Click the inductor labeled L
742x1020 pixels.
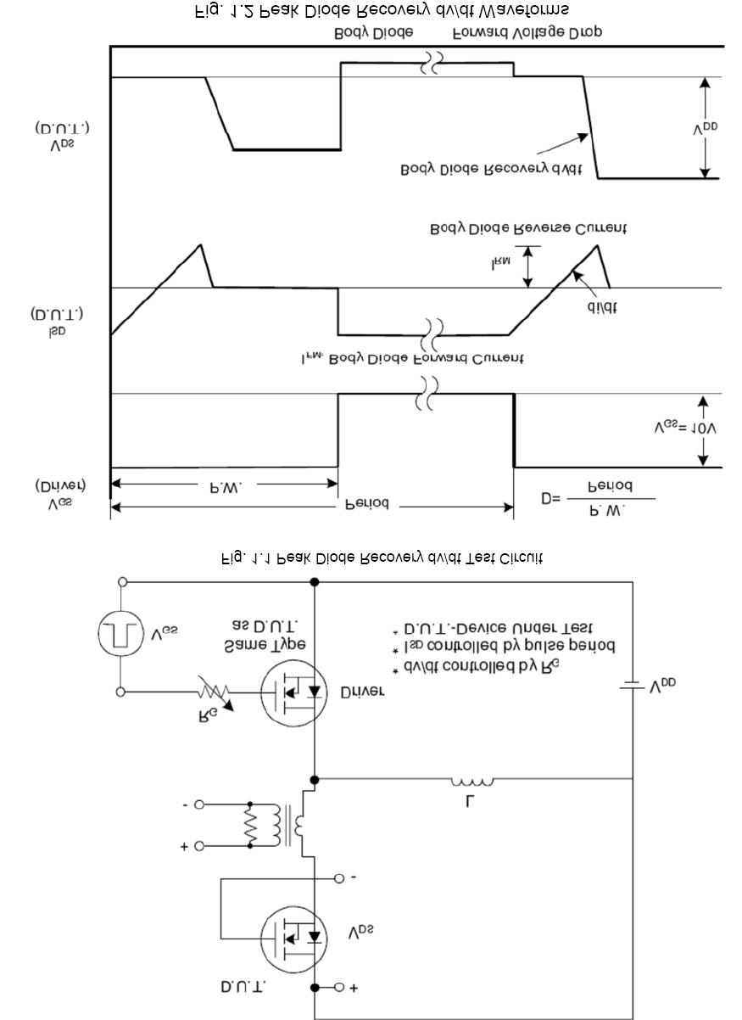tap(471, 782)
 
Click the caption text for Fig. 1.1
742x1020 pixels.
tap(382, 558)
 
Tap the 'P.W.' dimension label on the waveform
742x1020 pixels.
tap(225, 487)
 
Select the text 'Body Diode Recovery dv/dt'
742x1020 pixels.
tap(491, 169)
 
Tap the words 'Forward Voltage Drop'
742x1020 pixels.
tap(527, 32)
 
